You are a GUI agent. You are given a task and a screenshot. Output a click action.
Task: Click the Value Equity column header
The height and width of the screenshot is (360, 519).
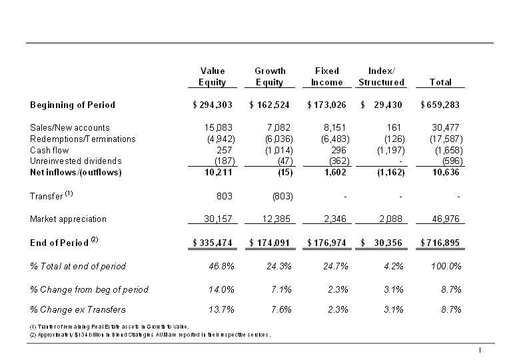(213, 77)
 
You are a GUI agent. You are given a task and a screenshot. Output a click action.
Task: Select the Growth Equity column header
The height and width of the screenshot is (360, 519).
(270, 77)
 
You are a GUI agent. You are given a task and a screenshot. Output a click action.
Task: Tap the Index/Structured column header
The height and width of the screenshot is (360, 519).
(381, 77)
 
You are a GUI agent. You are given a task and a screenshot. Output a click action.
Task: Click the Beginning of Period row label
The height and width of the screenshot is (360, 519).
(73, 105)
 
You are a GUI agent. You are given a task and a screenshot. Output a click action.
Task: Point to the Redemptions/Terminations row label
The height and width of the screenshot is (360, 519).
(83, 139)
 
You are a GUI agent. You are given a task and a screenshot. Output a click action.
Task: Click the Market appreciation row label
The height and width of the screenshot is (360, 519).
(68, 219)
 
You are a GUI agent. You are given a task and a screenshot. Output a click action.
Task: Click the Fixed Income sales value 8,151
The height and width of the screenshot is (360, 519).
(336, 127)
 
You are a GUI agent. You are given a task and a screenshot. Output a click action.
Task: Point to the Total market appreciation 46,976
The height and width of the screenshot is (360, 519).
(446, 219)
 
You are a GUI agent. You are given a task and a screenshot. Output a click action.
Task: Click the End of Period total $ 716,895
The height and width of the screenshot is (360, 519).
(440, 243)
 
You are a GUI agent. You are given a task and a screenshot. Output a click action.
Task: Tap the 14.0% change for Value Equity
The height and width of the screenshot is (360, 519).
(222, 289)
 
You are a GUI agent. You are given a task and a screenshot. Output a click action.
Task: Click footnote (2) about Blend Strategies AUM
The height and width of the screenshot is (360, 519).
(150, 334)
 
